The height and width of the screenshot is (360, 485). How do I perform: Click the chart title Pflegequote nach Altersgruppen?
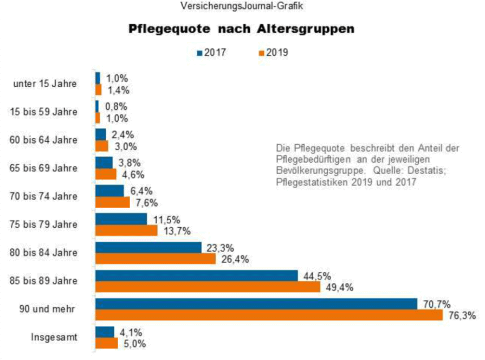click(241, 29)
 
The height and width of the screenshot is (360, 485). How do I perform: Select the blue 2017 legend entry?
click(211, 53)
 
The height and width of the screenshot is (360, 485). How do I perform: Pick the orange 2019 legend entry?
click(273, 53)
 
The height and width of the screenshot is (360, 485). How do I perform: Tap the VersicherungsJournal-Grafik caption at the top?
click(242, 7)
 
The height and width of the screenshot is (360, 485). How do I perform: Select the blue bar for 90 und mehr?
click(256, 304)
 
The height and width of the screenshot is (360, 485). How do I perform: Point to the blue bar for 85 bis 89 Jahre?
click(196, 275)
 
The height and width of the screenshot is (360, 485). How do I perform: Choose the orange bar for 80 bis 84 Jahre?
click(156, 259)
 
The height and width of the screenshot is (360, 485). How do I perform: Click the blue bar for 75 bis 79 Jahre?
click(121, 219)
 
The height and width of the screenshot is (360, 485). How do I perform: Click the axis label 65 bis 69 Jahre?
click(44, 168)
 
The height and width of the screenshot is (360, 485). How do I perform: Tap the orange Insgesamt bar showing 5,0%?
click(106, 343)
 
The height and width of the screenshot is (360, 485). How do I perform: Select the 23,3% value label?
click(221, 248)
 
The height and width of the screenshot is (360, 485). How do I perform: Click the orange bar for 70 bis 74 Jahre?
click(112, 202)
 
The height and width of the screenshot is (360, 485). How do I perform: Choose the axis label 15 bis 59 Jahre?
click(44, 112)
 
